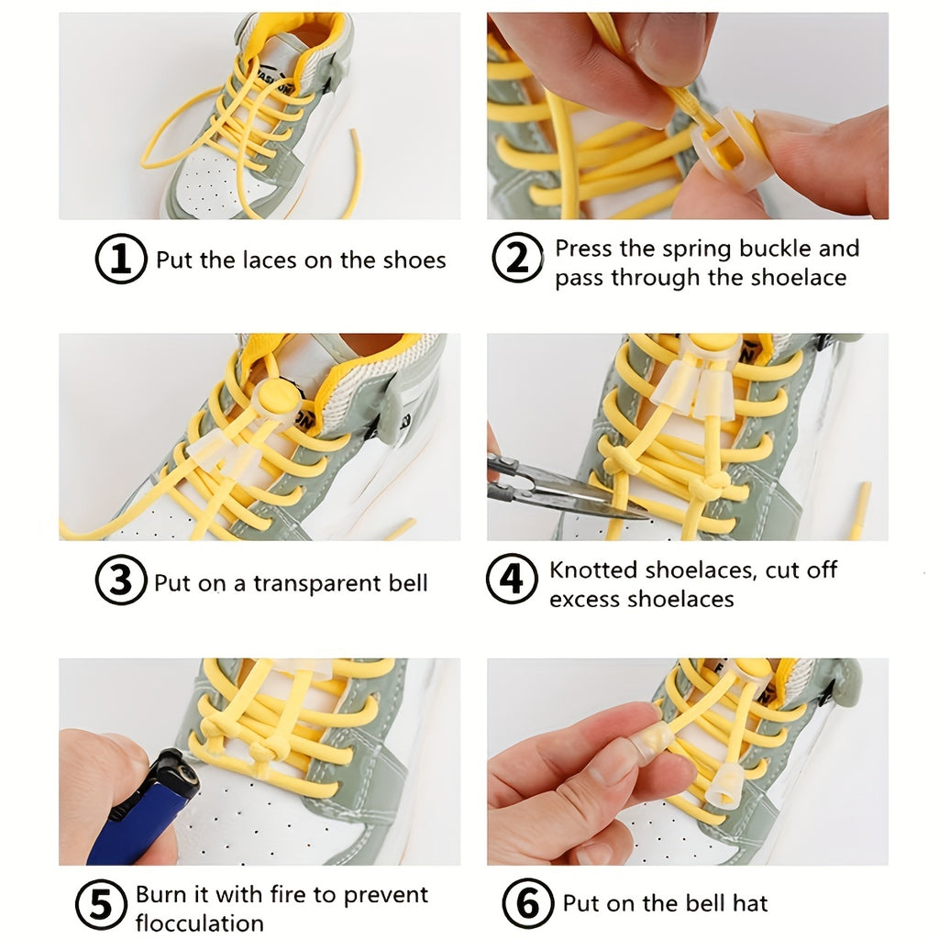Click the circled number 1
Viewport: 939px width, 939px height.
click(121, 260)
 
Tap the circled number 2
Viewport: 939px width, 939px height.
click(518, 260)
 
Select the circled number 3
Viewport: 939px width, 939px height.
click(121, 582)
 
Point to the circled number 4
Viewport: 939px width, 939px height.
click(511, 581)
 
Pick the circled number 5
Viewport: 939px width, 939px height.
click(101, 905)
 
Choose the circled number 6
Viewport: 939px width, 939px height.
click(527, 904)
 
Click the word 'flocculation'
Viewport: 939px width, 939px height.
click(199, 922)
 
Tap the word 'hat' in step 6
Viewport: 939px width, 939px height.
click(749, 904)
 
